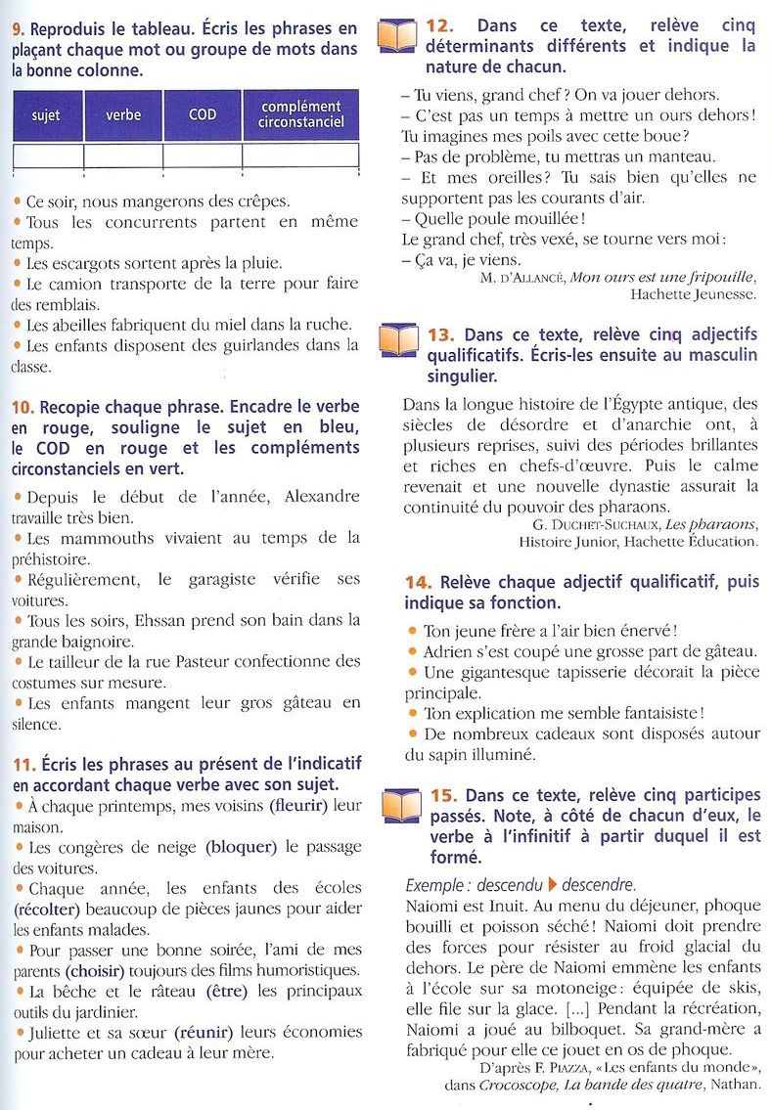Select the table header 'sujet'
tap(46, 115)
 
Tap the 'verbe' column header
tap(123, 115)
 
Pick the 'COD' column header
tap(203, 115)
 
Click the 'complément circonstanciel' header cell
tap(300, 114)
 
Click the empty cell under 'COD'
tap(203, 155)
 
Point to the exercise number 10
tap(23, 407)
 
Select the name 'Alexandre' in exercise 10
tap(321, 496)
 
